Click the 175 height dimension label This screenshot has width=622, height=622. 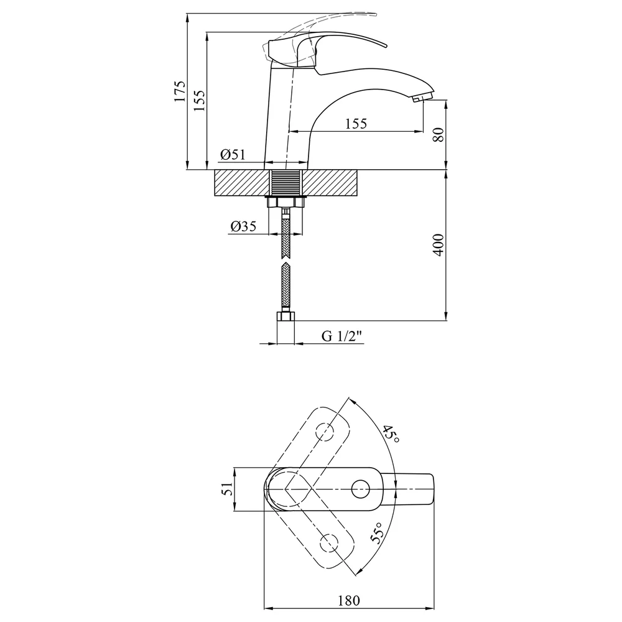click(180, 91)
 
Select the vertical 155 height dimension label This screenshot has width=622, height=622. click(200, 100)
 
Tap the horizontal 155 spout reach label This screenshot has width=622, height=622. click(356, 124)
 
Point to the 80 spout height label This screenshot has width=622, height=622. click(439, 135)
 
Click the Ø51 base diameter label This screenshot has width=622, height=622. click(233, 154)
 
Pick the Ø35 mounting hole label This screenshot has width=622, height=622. click(243, 226)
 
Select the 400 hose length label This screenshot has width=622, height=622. click(439, 244)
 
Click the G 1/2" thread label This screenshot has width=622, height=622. click(341, 336)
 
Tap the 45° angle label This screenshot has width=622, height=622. click(391, 434)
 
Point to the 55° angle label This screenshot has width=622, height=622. click(378, 532)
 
